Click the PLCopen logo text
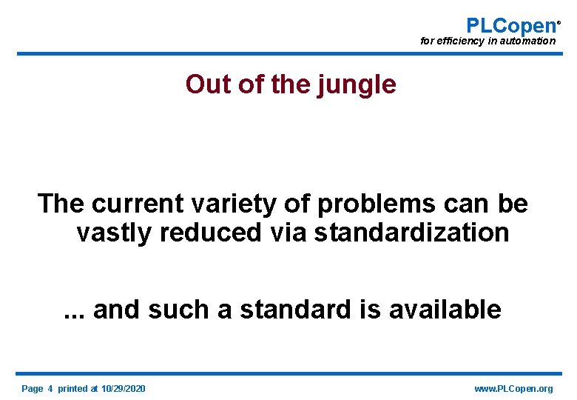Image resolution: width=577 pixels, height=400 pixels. tap(510, 25)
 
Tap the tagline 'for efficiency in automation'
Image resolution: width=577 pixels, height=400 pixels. tap(487, 41)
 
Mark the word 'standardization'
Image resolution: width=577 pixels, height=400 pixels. tap(412, 233)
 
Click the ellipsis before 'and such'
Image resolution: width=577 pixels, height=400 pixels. tap(74, 310)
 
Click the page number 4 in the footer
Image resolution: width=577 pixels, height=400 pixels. tap(50, 389)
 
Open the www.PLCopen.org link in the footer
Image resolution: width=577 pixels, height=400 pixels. tap(514, 389)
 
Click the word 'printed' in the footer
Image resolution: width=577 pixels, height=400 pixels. tap(72, 389)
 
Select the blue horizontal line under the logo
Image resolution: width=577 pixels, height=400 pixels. tap(289, 53)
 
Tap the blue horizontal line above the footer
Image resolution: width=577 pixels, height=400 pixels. tap(289, 373)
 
